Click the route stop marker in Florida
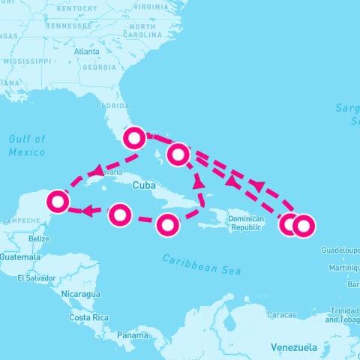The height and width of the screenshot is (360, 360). coord(134,137)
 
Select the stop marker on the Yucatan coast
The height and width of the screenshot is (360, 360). coord(58,201)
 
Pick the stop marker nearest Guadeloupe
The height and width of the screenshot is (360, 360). coord(303,224)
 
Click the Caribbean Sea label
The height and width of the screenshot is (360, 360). coord(202,264)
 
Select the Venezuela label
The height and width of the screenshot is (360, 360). coord(294,347)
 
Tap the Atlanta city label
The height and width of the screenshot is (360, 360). coord(87,52)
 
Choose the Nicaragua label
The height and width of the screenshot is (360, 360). coord(80,294)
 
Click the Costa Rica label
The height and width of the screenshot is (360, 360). coord(88,317)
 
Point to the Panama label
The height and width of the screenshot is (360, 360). coord(132,335)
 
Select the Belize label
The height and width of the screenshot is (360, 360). coord(38,238)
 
